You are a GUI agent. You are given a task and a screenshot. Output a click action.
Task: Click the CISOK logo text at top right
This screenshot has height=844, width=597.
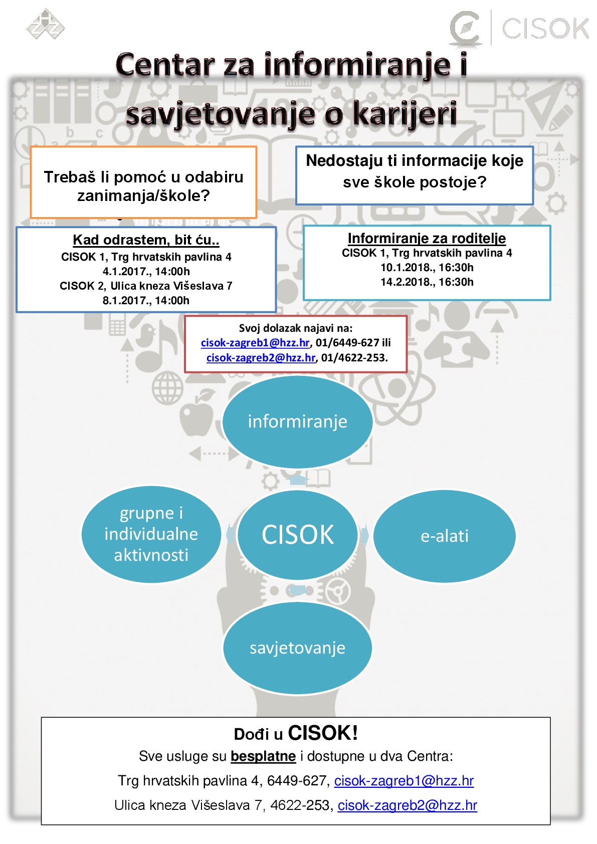545,28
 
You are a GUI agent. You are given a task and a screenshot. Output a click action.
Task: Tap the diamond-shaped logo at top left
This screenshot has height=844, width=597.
45,24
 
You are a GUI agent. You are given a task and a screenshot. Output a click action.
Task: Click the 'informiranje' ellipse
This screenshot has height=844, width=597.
297,421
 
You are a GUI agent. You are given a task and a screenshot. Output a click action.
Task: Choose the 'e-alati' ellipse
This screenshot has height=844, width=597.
444,536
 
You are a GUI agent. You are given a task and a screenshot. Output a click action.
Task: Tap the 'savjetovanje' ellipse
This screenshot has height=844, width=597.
297,648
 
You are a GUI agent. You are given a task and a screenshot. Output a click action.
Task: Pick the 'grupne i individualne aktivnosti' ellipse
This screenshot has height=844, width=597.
151,534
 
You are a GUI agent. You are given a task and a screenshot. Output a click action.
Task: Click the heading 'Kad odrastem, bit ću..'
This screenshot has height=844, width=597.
146,240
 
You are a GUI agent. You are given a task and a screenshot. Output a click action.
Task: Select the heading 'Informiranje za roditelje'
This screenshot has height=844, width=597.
427,238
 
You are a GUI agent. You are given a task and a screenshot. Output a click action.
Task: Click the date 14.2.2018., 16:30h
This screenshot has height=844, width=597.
427,282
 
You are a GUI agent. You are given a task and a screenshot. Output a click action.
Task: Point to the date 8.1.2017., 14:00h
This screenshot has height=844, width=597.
146,300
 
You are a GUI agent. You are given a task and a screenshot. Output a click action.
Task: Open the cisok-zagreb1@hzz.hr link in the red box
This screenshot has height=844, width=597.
255,342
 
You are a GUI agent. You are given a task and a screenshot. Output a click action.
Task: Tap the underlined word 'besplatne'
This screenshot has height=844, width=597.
263,756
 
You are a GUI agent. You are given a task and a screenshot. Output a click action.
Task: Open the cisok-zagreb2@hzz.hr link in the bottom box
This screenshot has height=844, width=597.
408,805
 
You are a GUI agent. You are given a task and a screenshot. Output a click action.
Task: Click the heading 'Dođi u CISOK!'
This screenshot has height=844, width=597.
296,733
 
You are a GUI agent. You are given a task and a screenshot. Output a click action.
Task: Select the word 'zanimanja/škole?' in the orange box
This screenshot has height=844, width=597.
143,195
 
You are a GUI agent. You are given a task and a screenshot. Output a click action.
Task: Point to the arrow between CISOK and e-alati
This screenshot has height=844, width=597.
365,535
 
